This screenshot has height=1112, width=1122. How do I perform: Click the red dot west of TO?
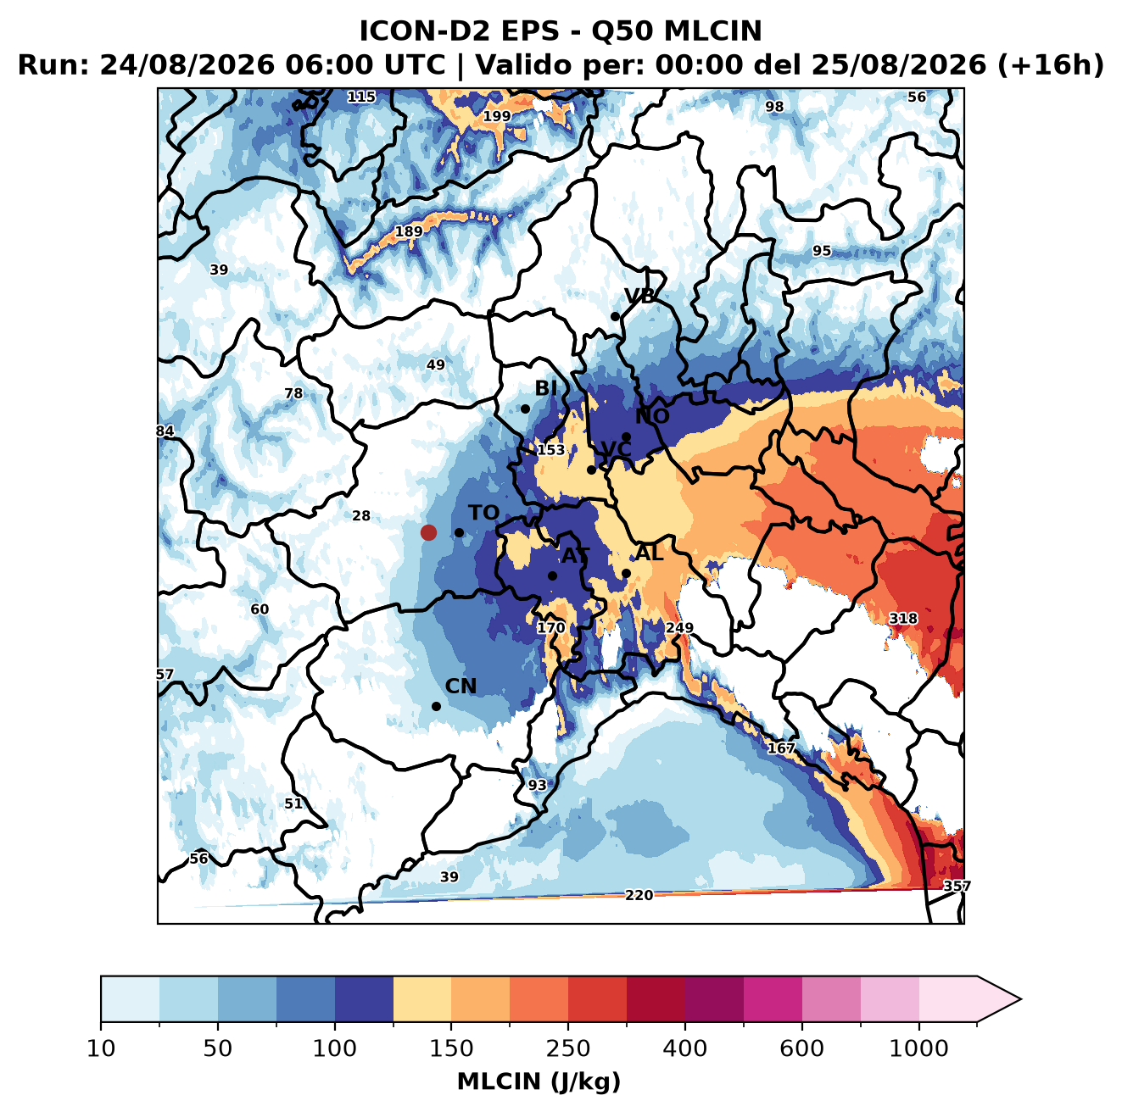[x=428, y=532]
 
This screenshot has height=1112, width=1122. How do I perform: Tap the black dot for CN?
[x=436, y=706]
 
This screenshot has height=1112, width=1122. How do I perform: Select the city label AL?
[x=650, y=553]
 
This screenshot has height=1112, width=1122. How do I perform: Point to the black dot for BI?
[x=525, y=409]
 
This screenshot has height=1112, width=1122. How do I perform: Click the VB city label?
[x=639, y=296]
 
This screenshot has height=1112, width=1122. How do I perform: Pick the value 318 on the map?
[x=903, y=619]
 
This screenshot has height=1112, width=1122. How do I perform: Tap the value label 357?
[x=957, y=887]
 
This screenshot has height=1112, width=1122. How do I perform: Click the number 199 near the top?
[x=497, y=116]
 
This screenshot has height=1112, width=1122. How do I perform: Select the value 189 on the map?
[x=409, y=231]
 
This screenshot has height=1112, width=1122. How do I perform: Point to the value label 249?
[x=679, y=628]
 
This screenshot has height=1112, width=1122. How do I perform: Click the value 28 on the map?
[x=361, y=515]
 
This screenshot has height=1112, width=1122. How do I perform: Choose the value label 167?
[x=781, y=748]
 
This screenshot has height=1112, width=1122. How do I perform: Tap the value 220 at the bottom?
[x=639, y=895]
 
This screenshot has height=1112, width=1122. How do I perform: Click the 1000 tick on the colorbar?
[x=918, y=1048]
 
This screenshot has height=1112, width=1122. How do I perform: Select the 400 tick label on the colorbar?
[x=684, y=1048]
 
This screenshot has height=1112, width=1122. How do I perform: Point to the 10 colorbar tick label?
[x=101, y=1048]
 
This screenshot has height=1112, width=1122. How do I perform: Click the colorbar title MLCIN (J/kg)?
[x=539, y=1081]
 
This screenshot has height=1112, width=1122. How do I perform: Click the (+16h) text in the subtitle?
[x=1051, y=65]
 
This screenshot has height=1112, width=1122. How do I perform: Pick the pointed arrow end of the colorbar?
[x=1020, y=999]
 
